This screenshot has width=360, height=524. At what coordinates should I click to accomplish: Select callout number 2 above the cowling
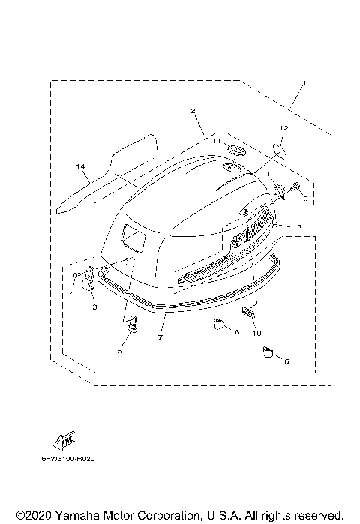click(194, 111)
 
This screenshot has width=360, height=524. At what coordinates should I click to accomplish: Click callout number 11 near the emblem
click(214, 141)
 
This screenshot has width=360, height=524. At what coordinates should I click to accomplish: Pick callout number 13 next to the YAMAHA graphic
click(297, 226)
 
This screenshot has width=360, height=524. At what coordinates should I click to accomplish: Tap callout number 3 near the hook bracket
click(95, 307)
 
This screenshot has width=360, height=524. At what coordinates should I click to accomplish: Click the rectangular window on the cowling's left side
click(136, 238)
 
